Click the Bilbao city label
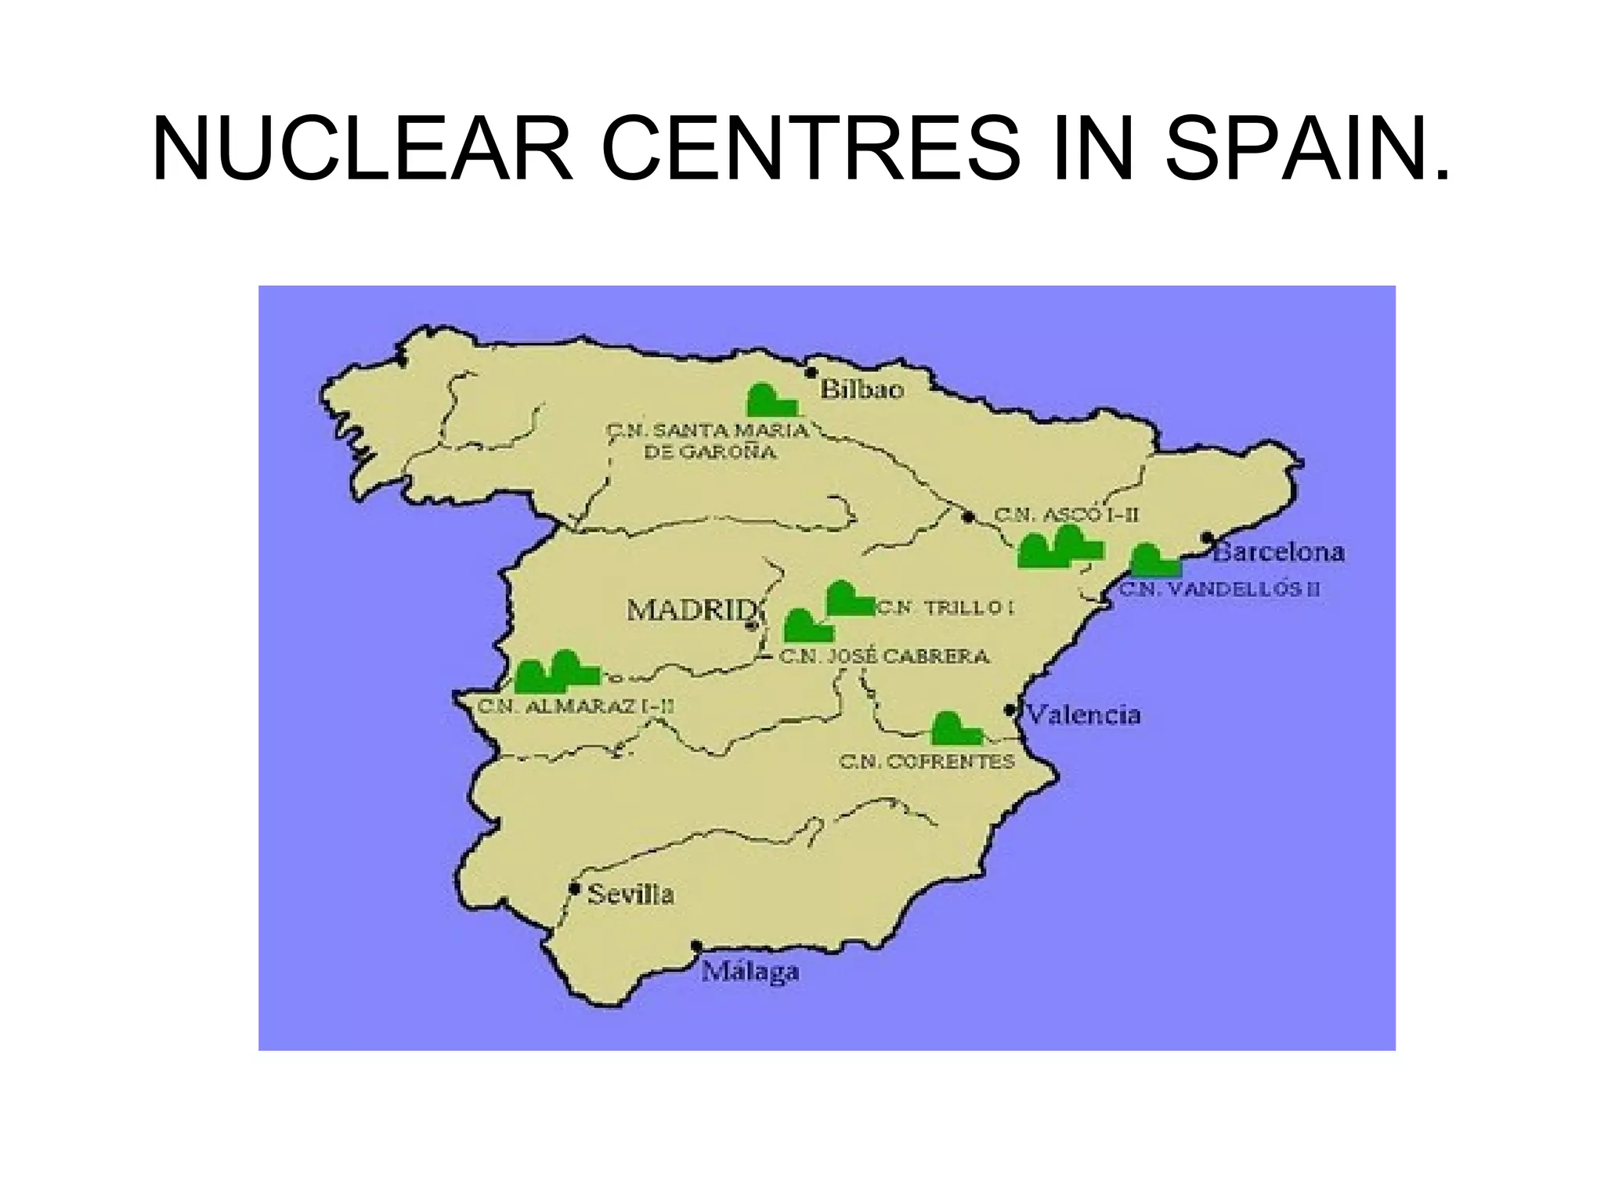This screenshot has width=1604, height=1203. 862,389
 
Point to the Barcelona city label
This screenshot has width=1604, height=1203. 1279,552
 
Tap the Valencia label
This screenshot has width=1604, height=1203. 1083,714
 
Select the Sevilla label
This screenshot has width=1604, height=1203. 630,894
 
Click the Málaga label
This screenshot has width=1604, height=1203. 750,972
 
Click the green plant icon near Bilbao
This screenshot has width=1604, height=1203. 771,400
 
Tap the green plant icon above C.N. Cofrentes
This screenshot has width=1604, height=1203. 956,729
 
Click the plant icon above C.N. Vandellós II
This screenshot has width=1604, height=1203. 1155,561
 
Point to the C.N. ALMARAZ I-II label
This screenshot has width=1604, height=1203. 576,706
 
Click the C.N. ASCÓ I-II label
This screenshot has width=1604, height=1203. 1066,515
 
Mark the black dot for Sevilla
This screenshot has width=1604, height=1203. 575,889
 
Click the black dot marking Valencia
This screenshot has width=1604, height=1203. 1010,710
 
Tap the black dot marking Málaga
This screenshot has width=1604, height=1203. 697,946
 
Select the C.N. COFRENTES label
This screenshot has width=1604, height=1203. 927,761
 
